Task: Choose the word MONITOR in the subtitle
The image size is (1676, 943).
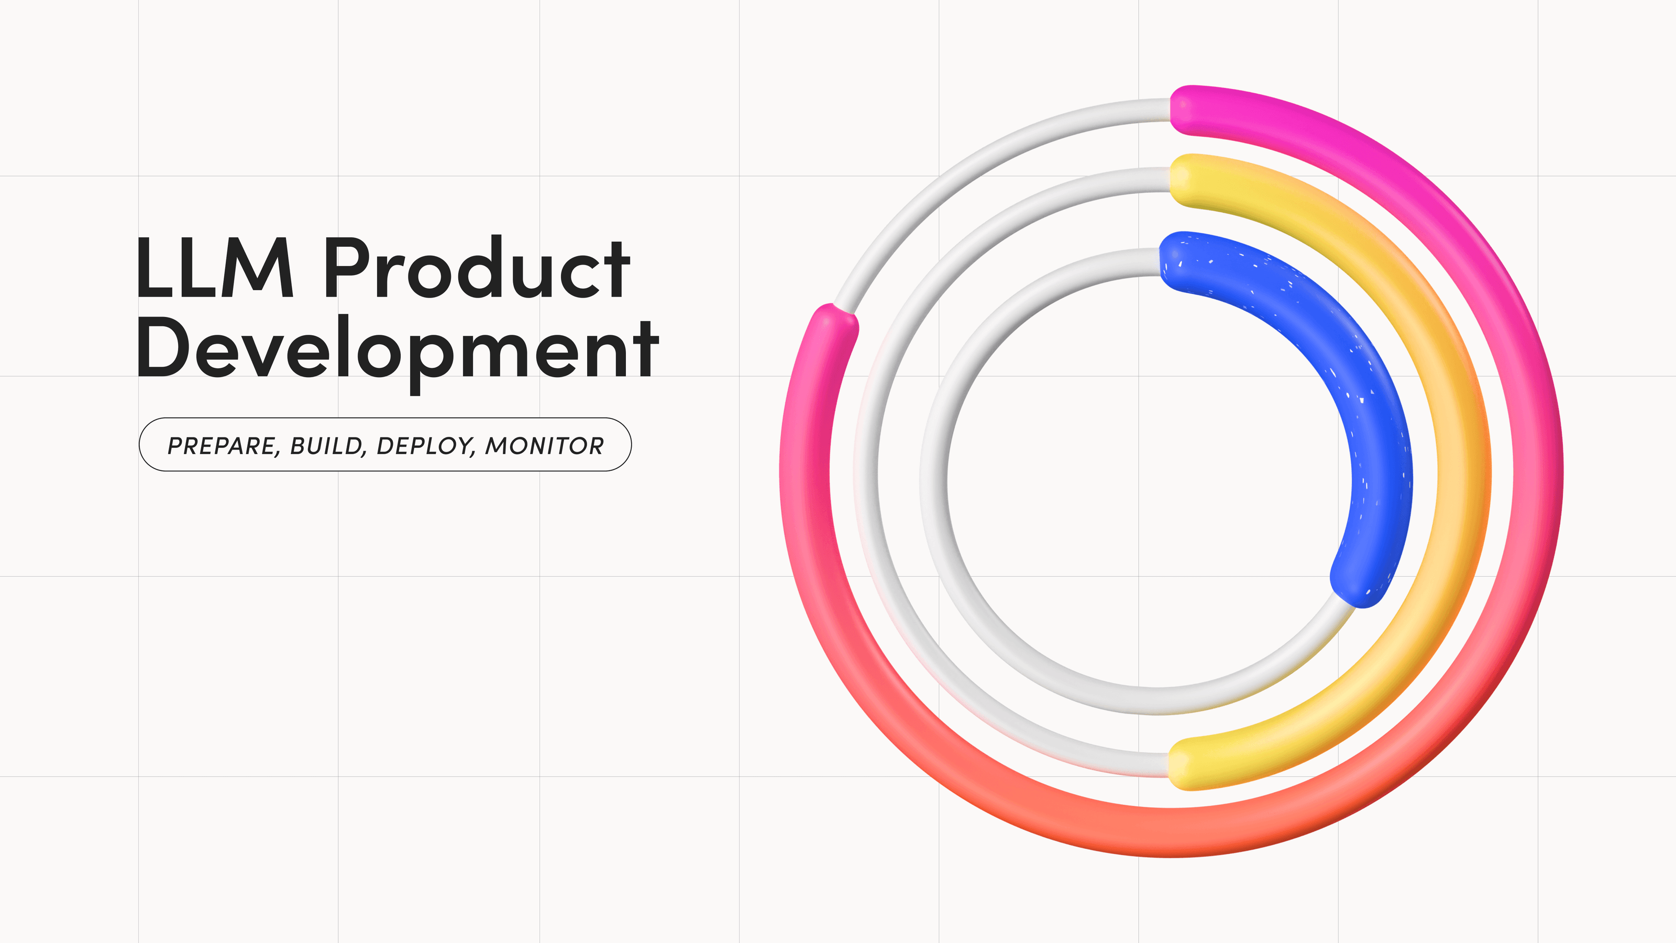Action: pos(544,446)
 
